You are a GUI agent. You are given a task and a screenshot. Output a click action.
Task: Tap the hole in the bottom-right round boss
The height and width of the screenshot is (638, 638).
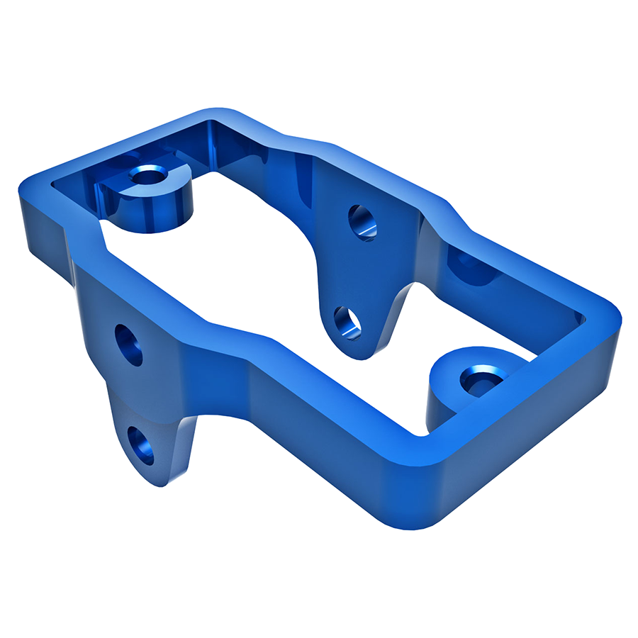[x=477, y=380]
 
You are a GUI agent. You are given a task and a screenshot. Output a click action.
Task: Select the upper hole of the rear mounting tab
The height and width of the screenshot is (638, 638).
[x=363, y=222]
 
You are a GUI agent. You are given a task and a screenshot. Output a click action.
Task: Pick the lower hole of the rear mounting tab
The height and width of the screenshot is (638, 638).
[x=347, y=323]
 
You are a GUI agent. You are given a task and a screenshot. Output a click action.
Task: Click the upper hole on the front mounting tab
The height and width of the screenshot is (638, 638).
[x=128, y=345]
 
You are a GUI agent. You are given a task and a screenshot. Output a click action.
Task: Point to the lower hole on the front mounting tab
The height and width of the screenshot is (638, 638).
[x=142, y=445]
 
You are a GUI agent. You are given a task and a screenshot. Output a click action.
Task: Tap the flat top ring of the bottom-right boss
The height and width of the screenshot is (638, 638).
[x=454, y=365]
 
